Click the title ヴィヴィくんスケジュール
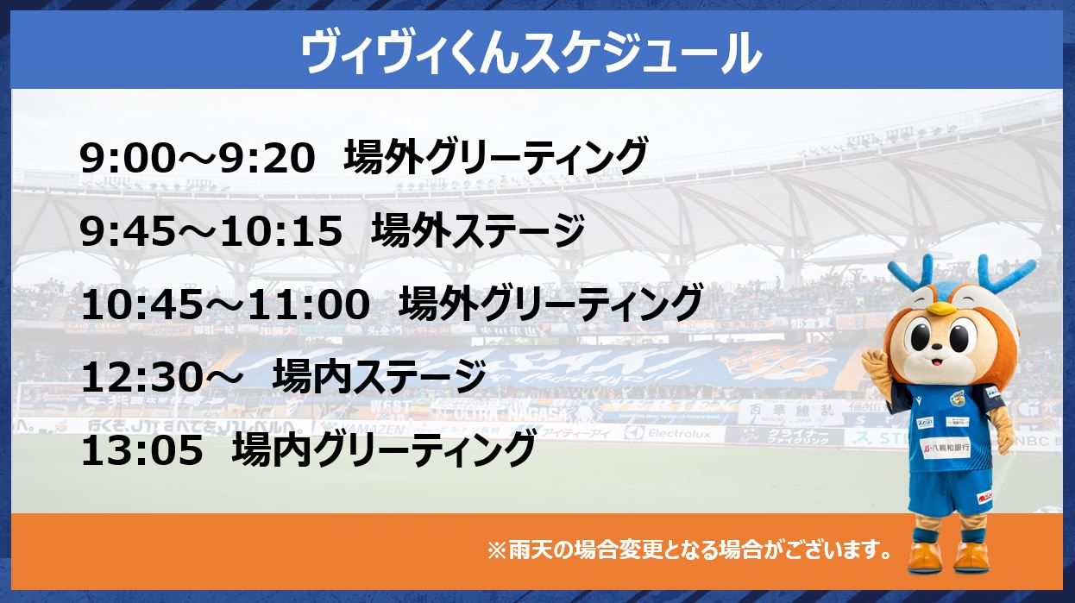[531, 53]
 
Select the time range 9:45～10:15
[211, 232]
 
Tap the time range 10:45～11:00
[225, 305]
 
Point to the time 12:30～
[161, 378]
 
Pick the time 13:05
[142, 451]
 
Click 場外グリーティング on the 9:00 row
[496, 157]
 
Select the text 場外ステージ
[478, 230]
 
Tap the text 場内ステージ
[379, 377]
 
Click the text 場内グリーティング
[384, 449]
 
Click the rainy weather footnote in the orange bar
[689, 550]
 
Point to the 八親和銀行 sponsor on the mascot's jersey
[946, 449]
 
